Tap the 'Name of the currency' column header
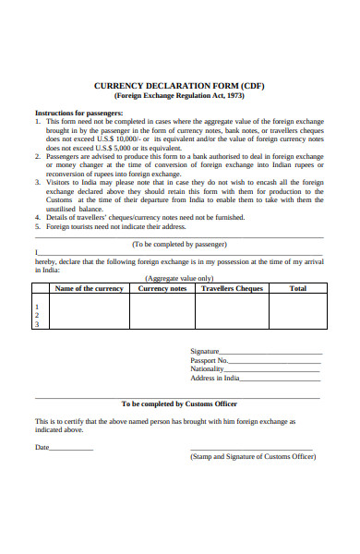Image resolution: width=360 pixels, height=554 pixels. (x=89, y=288)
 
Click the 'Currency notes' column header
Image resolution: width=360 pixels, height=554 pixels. (x=162, y=288)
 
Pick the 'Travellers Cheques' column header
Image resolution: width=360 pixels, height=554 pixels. (x=232, y=288)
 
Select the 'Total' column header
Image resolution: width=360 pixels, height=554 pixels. (x=297, y=288)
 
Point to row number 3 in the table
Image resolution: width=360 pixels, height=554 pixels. (x=37, y=324)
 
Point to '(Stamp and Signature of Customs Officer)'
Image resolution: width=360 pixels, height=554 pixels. (x=251, y=456)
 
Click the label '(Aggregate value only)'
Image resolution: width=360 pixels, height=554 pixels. (x=180, y=278)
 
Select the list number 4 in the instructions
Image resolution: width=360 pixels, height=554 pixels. (x=37, y=217)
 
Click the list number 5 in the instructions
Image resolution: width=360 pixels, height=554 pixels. (x=37, y=225)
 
